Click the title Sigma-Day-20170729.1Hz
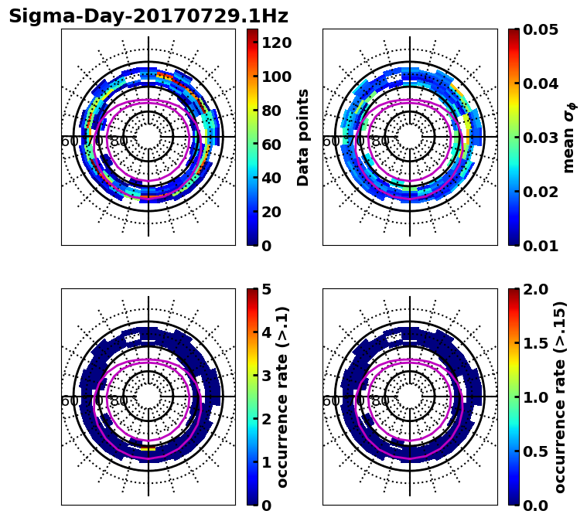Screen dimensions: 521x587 tap(148, 16)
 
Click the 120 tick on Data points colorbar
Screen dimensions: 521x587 tap(277, 42)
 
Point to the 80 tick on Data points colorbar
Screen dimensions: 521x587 tap(272, 110)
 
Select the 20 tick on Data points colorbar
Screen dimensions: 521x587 tap(272, 212)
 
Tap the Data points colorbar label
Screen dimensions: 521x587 tap(303, 137)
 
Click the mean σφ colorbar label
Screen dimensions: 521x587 tap(568, 138)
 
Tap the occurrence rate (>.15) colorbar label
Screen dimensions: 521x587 tap(560, 397)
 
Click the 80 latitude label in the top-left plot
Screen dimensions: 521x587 tap(119, 141)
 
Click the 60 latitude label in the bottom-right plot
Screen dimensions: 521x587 tap(330, 401)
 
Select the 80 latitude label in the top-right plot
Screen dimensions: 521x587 tap(381, 141)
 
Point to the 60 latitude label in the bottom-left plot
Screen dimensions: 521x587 tap(69, 401)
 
